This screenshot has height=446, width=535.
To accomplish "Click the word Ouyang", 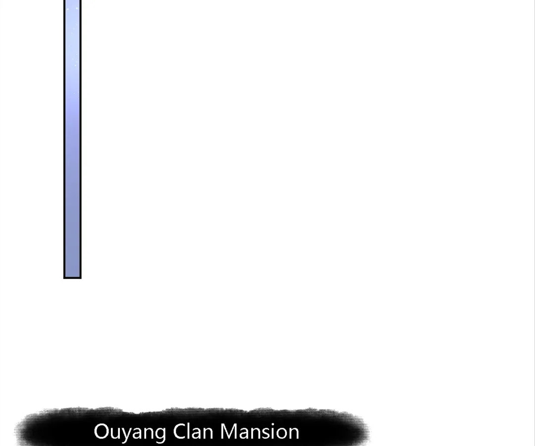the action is pos(130,433).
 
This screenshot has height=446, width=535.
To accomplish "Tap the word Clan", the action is pos(194,431).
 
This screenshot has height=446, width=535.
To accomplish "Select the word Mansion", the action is pos(260,431).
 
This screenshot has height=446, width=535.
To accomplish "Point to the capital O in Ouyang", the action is pos(102,431).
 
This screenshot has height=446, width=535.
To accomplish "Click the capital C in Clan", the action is pos(179,431).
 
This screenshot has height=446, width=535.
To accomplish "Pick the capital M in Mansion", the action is pos(230,431).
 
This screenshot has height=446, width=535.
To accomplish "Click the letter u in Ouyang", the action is pos(116,434).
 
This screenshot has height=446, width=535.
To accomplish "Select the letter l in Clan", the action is pos(190,431).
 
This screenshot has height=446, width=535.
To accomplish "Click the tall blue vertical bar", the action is pos(72,139).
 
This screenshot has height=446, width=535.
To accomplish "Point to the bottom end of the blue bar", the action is pos(72,279).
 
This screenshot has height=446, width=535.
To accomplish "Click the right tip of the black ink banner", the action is pos(370,431).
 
